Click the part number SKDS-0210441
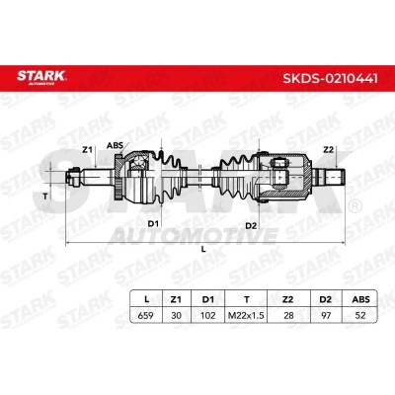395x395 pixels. (x=330, y=78)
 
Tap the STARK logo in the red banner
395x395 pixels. (x=41, y=77)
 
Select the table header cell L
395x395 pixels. (x=147, y=299)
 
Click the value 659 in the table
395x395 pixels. (x=145, y=315)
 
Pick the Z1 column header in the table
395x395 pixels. (x=176, y=299)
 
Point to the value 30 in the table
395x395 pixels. (x=177, y=315)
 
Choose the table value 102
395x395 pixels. (x=208, y=315)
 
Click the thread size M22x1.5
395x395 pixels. (x=246, y=315)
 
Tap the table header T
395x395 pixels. (x=247, y=299)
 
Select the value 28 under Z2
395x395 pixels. (x=288, y=315)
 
